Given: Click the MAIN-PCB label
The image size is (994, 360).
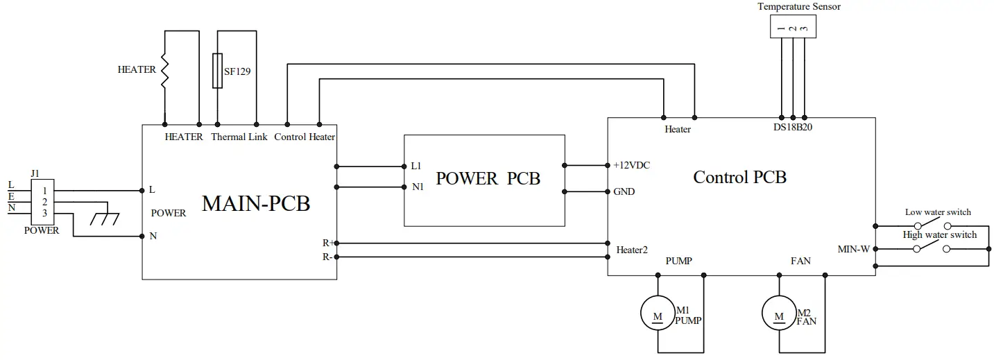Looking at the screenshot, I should tap(255, 204).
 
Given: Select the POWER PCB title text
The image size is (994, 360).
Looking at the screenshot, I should tap(488, 178).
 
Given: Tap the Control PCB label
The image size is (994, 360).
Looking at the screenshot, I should tap(739, 178).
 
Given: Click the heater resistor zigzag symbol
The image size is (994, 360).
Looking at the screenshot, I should tap(164, 70).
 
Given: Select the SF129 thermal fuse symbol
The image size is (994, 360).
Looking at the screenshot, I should tap(217, 71).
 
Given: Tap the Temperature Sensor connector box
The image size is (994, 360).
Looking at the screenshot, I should tap(792, 26).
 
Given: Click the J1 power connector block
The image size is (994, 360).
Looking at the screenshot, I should tap(44, 202).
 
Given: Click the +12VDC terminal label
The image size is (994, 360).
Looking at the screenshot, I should tap(631, 165).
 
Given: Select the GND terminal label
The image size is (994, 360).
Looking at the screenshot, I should tap(624, 191).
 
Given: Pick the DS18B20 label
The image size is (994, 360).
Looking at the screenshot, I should tap(793, 128).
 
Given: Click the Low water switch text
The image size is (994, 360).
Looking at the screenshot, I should tap(938, 212).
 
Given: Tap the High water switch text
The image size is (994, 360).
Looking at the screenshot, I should tap(939, 235).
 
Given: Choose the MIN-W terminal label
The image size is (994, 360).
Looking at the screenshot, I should tap(854, 249).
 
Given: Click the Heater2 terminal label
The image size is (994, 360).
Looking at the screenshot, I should tap(631, 249).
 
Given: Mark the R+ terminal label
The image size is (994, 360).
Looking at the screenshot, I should tap(327, 243).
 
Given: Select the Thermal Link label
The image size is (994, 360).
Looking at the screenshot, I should tap(239, 137).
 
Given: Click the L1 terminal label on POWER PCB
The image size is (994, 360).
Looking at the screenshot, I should tap(416, 166).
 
